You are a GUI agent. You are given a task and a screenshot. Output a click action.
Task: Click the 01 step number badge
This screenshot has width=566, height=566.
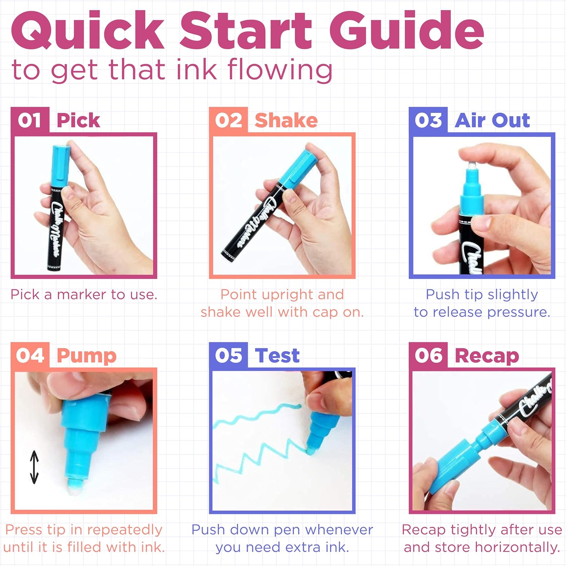point(30,120)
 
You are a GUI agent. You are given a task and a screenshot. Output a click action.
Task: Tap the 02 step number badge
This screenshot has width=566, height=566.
point(229,120)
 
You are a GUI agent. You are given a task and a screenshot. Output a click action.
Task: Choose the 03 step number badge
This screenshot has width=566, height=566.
point(428,120)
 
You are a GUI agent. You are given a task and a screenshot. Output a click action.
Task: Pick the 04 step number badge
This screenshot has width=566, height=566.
point(30,355)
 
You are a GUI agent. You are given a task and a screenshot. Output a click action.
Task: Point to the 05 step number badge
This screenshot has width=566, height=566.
point(229,355)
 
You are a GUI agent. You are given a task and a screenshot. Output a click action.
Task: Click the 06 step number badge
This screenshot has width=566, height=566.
point(428,355)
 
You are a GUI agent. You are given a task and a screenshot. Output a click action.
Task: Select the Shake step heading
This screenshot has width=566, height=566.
point(286,120)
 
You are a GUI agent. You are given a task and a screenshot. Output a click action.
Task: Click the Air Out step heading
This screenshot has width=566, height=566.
point(492,120)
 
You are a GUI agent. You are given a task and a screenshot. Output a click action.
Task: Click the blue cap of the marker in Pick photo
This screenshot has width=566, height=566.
point(60,166)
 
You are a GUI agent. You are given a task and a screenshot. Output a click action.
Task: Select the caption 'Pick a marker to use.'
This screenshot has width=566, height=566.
point(84,294)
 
